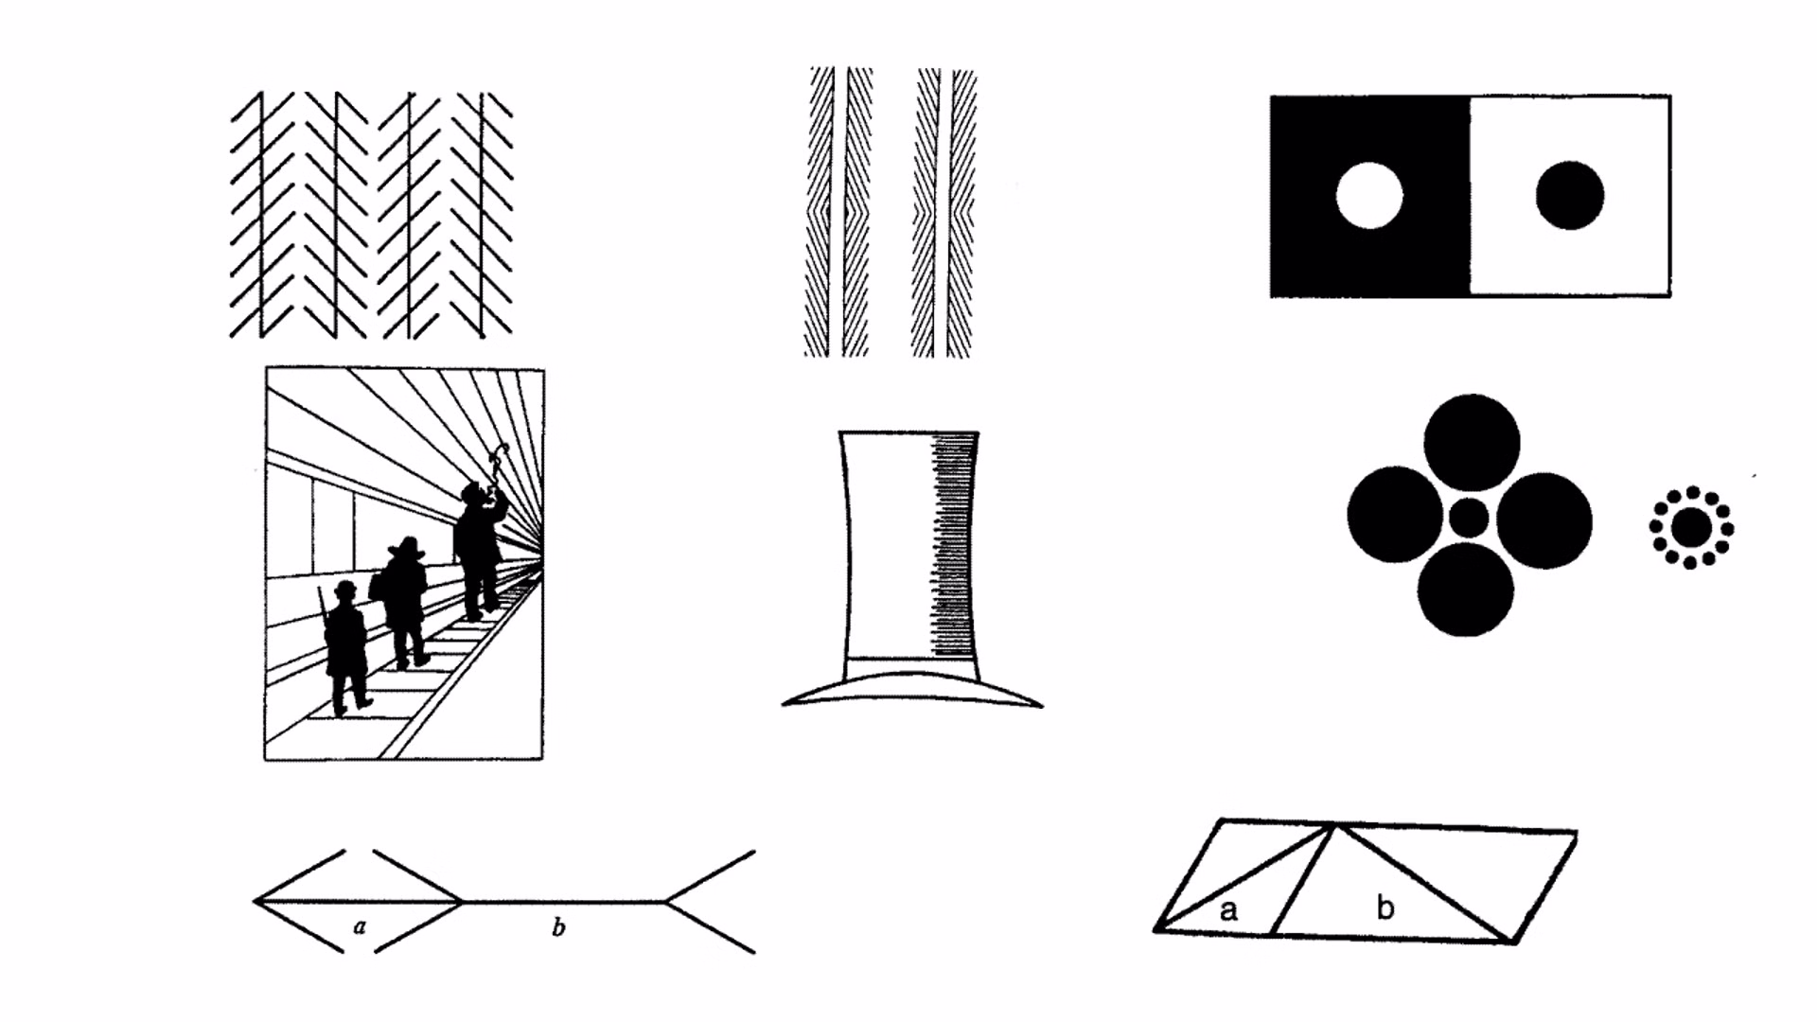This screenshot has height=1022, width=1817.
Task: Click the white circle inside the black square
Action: click(1369, 196)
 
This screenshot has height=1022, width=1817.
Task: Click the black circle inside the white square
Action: click(1570, 196)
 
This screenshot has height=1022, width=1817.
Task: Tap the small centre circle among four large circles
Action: click(1469, 518)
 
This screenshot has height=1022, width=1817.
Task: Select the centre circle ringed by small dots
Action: click(1692, 527)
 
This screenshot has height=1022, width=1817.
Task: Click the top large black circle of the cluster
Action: click(1472, 443)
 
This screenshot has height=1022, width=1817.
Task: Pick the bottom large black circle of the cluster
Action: click(1466, 589)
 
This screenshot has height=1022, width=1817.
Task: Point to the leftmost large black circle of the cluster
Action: click(1395, 515)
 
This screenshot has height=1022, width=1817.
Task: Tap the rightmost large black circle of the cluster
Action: click(1544, 520)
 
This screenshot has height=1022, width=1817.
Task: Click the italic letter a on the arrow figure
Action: click(360, 926)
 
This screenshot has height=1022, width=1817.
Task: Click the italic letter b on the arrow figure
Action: click(558, 927)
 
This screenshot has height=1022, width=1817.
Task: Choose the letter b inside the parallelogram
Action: click(1385, 907)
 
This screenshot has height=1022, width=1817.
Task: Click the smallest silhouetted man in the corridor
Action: click(345, 648)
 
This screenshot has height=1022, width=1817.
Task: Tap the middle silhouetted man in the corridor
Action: click(405, 602)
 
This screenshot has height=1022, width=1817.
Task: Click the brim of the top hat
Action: click(911, 688)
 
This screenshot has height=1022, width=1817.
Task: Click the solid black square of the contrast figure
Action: click(1369, 196)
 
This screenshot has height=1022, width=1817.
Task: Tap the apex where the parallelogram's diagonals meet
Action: click(1334, 826)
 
